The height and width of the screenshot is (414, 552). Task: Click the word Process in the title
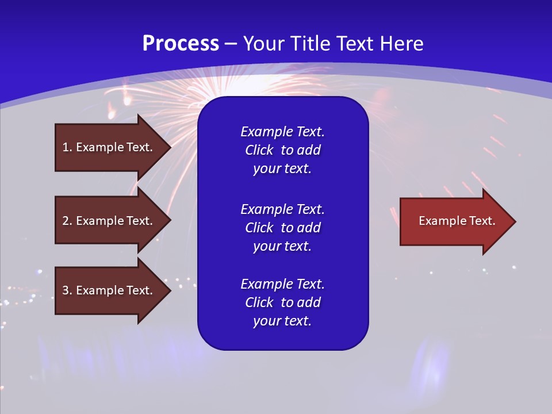(x=181, y=43)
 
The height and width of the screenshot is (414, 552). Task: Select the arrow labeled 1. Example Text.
(x=109, y=147)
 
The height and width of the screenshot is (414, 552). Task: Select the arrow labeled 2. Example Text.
(x=109, y=221)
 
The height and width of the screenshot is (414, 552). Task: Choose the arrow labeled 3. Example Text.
(x=109, y=290)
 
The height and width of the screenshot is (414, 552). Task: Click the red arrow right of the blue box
(x=454, y=221)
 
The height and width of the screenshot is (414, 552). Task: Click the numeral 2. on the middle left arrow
(x=67, y=221)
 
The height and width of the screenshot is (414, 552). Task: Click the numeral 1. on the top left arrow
(x=67, y=147)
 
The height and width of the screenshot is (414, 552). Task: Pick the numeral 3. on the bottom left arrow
(x=67, y=290)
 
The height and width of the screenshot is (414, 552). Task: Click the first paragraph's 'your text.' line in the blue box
(x=282, y=169)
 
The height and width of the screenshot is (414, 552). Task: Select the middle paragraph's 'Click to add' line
(x=282, y=228)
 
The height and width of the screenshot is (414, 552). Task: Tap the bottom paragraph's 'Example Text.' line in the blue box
(x=282, y=284)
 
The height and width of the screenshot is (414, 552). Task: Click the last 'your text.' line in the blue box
(x=282, y=321)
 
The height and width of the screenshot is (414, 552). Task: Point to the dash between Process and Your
(x=231, y=44)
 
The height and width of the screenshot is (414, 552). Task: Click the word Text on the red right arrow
(x=481, y=221)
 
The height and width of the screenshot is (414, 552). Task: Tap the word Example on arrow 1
(x=99, y=147)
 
